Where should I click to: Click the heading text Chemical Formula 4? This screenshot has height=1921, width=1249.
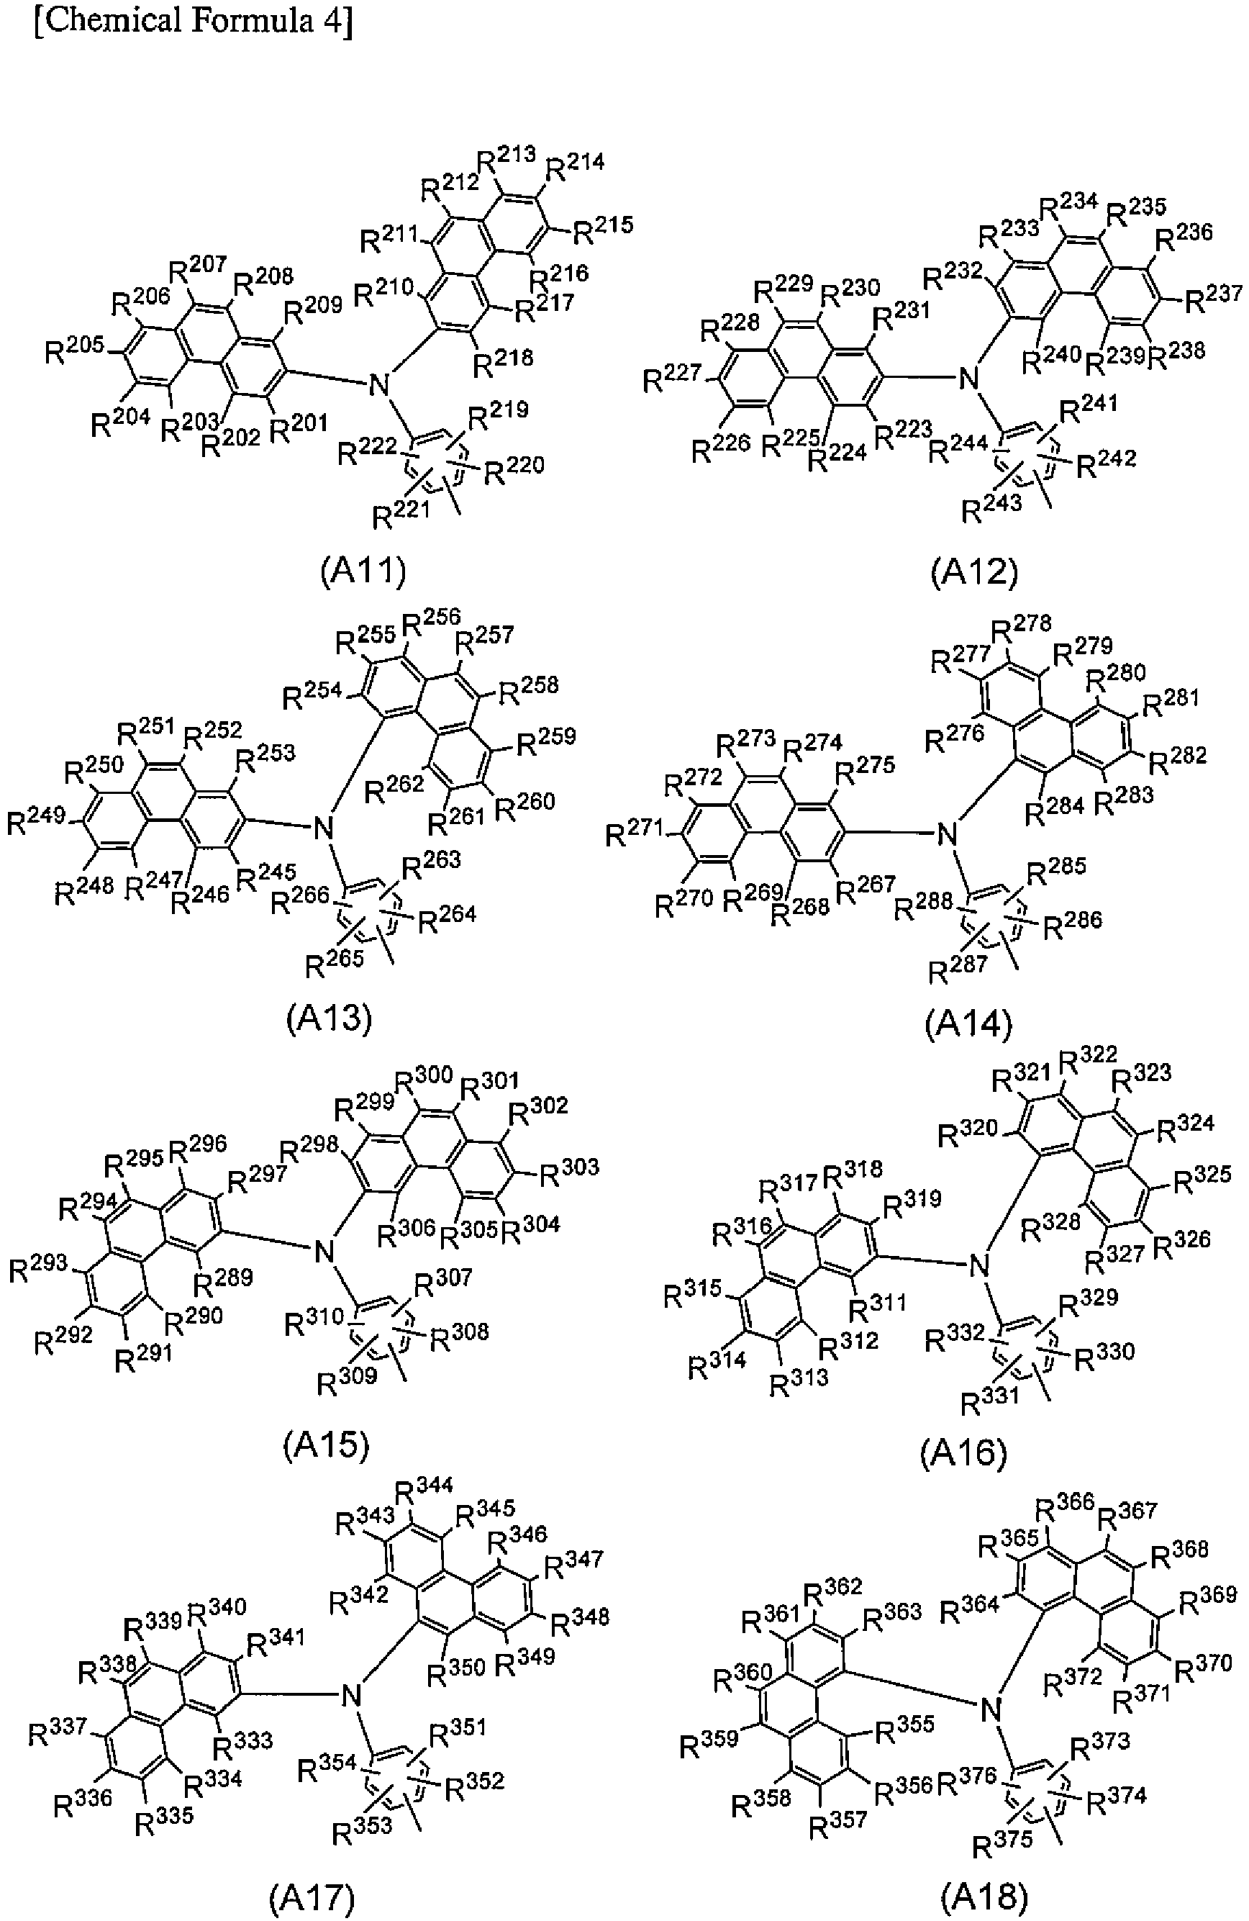click(194, 19)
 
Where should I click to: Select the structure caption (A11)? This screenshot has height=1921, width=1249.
click(363, 571)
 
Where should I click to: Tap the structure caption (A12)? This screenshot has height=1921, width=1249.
click(974, 571)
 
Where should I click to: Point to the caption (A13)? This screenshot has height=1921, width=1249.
click(330, 1018)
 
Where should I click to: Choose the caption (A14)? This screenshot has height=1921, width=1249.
click(968, 1023)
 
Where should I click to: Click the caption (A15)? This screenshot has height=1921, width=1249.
click(326, 1445)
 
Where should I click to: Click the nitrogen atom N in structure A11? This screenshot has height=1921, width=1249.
click(378, 385)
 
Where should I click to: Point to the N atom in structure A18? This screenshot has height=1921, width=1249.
click(991, 1709)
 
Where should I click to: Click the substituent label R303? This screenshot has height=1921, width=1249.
click(569, 1171)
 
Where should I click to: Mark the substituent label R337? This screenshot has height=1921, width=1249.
click(58, 1730)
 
